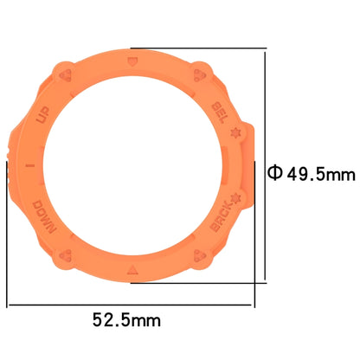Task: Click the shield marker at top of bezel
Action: point(131,62)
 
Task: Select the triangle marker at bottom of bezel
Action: point(132,270)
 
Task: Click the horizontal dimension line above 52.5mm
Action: point(130,305)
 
